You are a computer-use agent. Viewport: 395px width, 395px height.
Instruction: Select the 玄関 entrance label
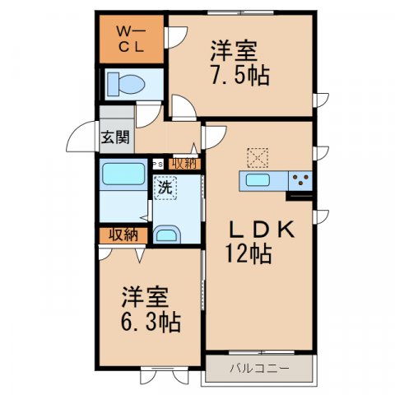click(114, 137)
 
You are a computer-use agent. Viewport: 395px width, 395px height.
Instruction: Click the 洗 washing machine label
click(165, 187)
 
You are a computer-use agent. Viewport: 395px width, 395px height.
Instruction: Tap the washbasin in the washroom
click(167, 235)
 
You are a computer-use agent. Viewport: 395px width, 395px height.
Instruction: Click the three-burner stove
click(299, 180)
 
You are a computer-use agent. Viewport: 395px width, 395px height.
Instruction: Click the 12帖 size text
click(247, 254)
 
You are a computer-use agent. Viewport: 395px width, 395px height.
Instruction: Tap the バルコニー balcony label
click(259, 367)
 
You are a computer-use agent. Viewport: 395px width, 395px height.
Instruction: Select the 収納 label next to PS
click(184, 163)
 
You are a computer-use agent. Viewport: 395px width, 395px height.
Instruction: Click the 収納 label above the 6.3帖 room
click(123, 235)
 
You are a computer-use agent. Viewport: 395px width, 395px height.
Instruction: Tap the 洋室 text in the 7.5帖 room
click(241, 50)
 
